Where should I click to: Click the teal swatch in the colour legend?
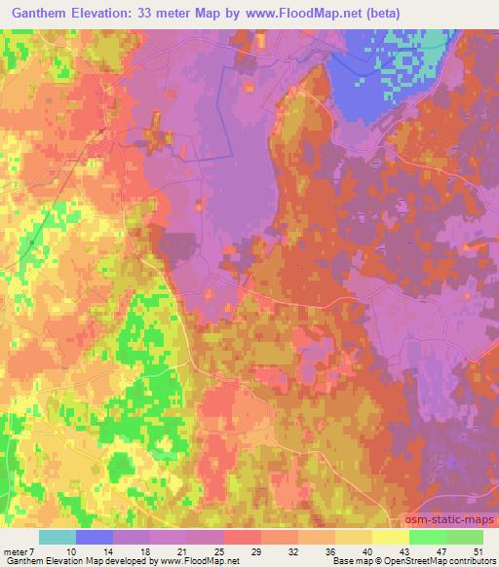pos(58,537)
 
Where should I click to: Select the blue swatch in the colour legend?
pos(95,537)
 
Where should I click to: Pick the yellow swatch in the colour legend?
pos(391,537)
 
